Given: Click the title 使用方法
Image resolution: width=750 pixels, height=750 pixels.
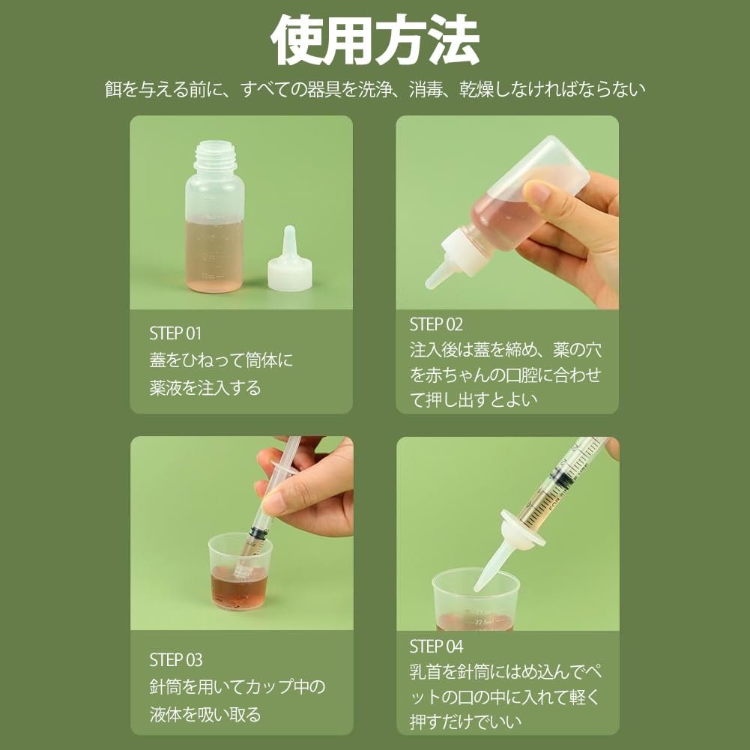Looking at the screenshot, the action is (x=375, y=40).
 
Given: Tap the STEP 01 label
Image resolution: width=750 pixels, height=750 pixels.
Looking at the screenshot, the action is (x=175, y=333).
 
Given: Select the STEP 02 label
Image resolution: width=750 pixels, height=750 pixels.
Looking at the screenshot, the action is (x=436, y=324).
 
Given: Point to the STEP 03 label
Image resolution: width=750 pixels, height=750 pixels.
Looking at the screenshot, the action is (x=175, y=660).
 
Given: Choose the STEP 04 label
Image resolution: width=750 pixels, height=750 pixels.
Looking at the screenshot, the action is (x=436, y=647).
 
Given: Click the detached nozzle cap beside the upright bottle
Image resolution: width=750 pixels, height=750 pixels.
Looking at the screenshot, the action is (x=290, y=260).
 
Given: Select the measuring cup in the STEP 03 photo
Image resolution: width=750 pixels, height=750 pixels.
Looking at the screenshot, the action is (x=240, y=572).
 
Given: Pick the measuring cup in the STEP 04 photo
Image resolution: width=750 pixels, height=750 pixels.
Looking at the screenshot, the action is (x=476, y=600).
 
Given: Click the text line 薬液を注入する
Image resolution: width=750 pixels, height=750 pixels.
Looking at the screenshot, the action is (x=205, y=387).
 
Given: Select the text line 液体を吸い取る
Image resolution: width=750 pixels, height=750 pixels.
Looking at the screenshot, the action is (x=205, y=714).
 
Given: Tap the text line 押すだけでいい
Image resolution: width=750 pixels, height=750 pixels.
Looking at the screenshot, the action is (x=465, y=722).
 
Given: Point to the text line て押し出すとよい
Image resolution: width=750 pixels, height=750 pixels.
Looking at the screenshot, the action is (x=474, y=399).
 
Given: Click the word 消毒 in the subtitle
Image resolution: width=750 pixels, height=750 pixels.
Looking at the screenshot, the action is (x=426, y=89).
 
